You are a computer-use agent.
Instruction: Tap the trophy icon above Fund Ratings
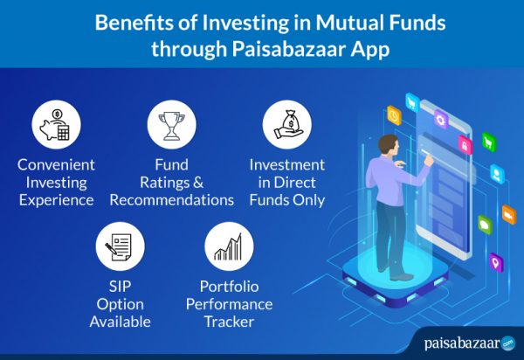click(x=169, y=123)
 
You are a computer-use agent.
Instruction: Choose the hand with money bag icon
click(x=286, y=123)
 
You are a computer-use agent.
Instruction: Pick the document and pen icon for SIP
click(x=120, y=247)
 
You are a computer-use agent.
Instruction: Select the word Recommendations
click(x=172, y=200)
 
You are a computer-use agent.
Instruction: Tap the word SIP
click(x=120, y=286)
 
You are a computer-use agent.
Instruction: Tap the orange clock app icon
click(x=395, y=114)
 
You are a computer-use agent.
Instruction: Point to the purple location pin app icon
click(x=496, y=260)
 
